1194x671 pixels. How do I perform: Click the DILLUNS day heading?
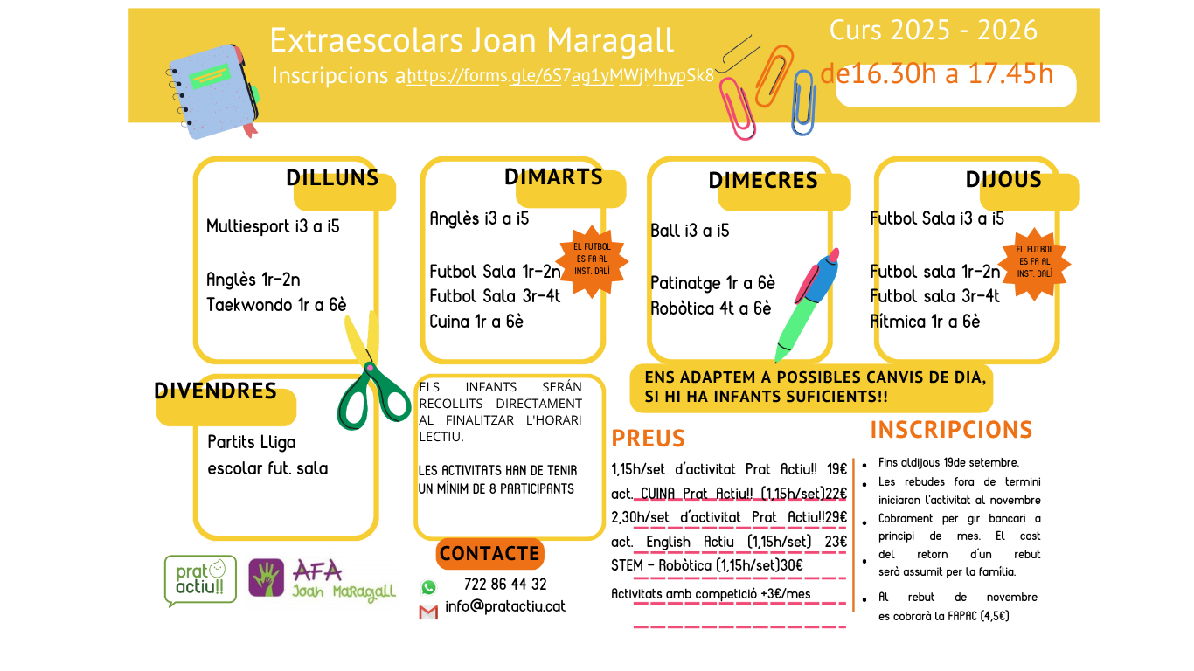pyautogui.click(x=332, y=178)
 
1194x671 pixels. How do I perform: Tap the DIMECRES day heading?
pyautogui.click(x=763, y=181)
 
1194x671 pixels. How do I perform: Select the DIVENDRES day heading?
pyautogui.click(x=215, y=391)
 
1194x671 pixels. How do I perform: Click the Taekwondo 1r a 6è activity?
pyautogui.click(x=276, y=305)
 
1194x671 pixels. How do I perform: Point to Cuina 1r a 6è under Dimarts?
pyautogui.click(x=476, y=322)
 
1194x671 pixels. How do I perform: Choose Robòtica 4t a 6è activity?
pyautogui.click(x=711, y=308)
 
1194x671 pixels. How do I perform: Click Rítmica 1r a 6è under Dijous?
pyautogui.click(x=925, y=322)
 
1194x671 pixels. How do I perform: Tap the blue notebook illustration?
pyautogui.click(x=213, y=92)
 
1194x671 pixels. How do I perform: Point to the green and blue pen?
pyautogui.click(x=807, y=306)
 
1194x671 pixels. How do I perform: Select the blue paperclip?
pyautogui.click(x=803, y=102)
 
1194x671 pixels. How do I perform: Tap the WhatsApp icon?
pyautogui.click(x=428, y=587)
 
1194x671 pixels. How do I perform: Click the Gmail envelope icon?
pyautogui.click(x=428, y=612)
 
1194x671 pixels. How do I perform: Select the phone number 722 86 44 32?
pyautogui.click(x=505, y=585)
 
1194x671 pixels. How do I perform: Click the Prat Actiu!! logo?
pyautogui.click(x=200, y=581)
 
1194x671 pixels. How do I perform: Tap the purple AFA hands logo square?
pyautogui.click(x=266, y=578)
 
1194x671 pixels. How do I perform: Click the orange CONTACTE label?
pyautogui.click(x=489, y=554)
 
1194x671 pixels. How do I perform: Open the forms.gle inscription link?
pyautogui.click(x=560, y=76)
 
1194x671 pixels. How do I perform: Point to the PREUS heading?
pyautogui.click(x=649, y=439)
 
